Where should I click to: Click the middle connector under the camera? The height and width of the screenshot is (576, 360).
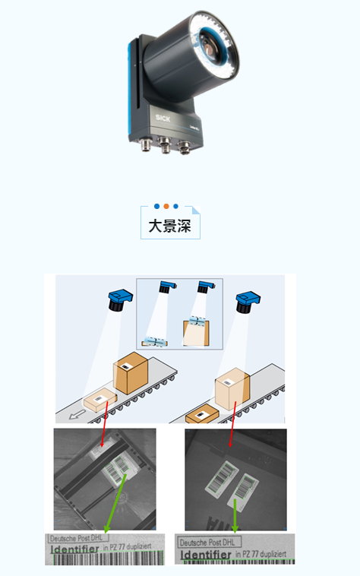(165, 145)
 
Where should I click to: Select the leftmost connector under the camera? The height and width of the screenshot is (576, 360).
(144, 140)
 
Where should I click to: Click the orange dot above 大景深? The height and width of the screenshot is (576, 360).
(166, 206)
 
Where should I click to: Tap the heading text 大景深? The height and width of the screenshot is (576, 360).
(169, 226)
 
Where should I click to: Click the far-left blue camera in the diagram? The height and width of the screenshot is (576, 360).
(118, 299)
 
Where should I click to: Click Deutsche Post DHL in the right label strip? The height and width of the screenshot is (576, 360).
(206, 542)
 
